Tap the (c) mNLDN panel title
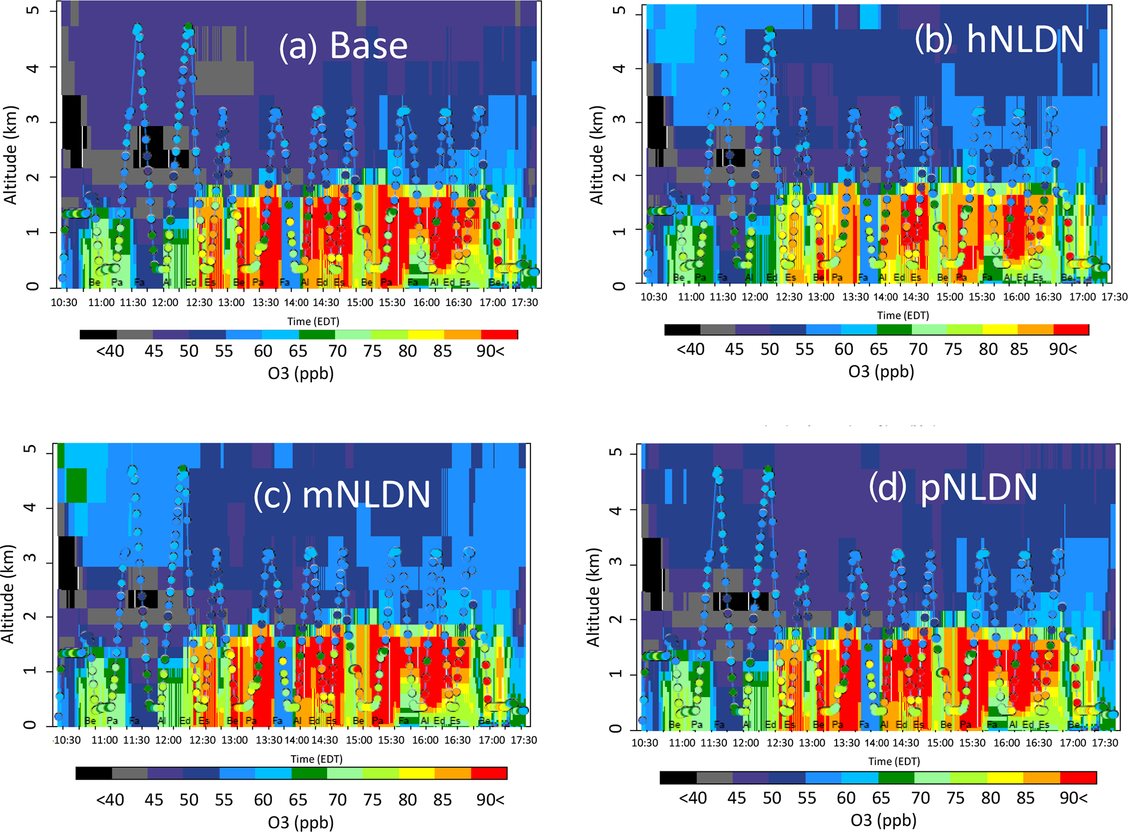click(x=342, y=495)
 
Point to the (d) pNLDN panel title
click(x=953, y=487)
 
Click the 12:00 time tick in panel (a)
click(x=165, y=302)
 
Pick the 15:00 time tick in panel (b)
click(x=950, y=297)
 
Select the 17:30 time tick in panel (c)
click(x=523, y=740)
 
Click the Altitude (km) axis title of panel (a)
click(x=11, y=155)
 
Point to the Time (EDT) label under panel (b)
click(x=903, y=316)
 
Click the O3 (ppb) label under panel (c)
click(x=301, y=822)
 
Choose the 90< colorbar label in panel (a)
click(x=490, y=351)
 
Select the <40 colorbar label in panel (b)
click(x=690, y=349)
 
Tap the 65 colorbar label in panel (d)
click(x=881, y=798)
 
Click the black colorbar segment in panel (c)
click(x=93, y=773)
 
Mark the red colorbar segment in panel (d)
click(x=1078, y=777)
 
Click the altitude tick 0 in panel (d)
click(x=616, y=729)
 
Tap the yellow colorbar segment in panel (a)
click(x=426, y=335)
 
